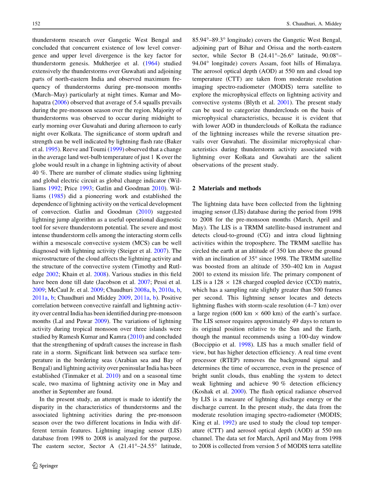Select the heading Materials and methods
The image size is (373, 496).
click(229, 188)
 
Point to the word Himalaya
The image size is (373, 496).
click(327, 63)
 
